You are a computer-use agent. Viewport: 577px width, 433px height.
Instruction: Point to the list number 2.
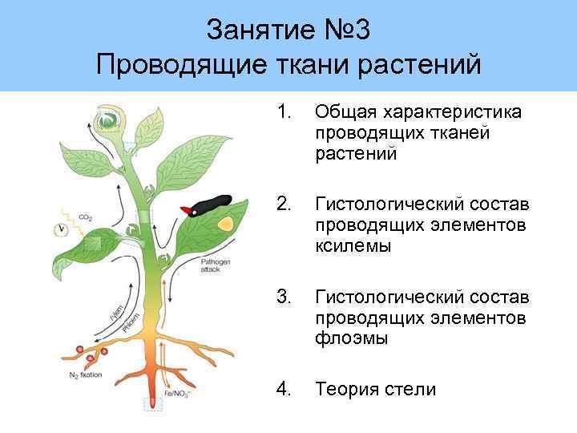283,204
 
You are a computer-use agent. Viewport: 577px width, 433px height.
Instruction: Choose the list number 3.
283,297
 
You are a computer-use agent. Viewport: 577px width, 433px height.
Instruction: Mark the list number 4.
283,390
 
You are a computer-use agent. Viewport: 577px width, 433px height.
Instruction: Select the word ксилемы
353,246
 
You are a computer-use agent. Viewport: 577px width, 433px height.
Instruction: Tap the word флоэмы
352,339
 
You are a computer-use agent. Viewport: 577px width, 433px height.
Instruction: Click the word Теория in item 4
345,390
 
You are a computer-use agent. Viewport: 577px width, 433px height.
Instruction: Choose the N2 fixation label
83,372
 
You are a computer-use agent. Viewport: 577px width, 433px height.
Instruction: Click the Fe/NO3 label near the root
177,393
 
